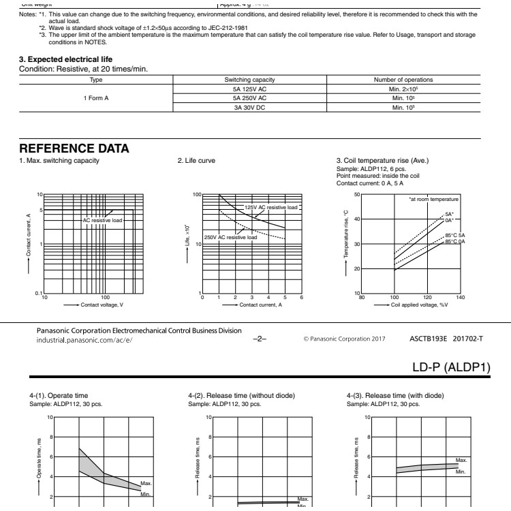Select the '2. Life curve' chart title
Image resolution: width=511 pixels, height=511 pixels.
pyautogui.click(x=197, y=161)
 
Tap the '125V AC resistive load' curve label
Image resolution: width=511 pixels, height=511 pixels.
pyautogui.click(x=271, y=207)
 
